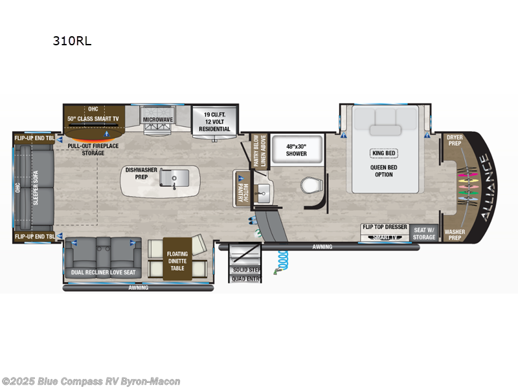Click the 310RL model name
pos(72,41)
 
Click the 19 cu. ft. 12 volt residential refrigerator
pos(214,121)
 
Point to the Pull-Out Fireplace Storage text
pos(93,150)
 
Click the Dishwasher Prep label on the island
pos(141,173)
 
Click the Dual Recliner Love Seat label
pos(103,272)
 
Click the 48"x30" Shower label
pos(296,149)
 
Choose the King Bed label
pos(383,153)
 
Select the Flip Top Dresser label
pos(385,228)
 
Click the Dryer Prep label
pos(454,140)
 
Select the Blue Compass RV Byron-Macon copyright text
pos(91,382)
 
